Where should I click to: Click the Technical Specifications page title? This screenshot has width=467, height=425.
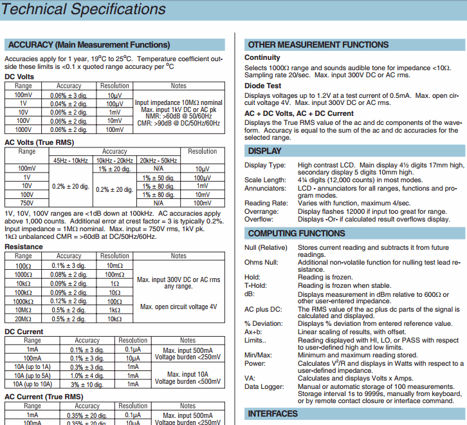point(84,9)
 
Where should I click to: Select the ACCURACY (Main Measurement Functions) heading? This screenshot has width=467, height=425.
point(89,45)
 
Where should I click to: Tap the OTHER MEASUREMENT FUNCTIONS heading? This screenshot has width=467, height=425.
point(318,45)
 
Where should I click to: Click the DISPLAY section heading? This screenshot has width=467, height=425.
point(264,151)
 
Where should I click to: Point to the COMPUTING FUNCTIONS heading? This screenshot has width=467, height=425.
point(297,233)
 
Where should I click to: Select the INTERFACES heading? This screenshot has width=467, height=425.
point(273,413)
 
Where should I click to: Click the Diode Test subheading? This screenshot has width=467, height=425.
point(262,86)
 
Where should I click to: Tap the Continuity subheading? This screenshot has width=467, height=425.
point(262,58)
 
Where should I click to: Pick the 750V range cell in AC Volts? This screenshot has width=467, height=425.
point(27,203)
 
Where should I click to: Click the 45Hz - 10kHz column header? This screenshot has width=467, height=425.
point(71,160)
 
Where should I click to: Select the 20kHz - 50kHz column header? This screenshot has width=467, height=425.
point(159,160)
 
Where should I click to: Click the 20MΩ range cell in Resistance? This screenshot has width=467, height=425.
point(23,319)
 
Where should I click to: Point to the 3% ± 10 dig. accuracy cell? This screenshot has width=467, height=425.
point(87,384)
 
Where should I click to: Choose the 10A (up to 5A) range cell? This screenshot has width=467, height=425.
point(32,375)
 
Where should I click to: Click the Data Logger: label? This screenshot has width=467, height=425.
point(264,386)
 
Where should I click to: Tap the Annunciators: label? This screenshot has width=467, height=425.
point(266,188)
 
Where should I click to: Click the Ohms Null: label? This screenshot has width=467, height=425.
point(262,263)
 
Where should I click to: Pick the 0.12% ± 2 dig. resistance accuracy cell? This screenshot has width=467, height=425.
point(68,301)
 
